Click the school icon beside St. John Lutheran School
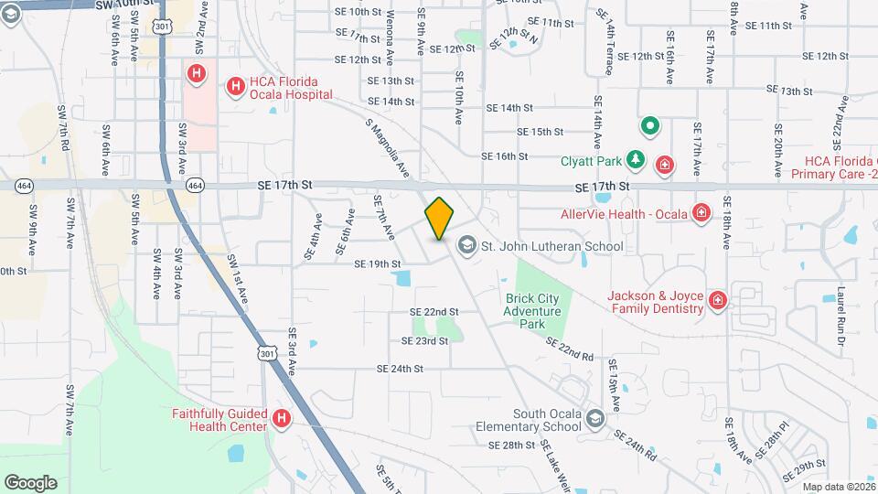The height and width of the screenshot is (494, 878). tap(467, 245)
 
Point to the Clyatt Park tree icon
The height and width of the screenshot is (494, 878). tap(636, 163)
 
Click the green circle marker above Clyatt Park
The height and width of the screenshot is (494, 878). tap(649, 124)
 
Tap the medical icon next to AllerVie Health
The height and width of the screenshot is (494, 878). tap(701, 213)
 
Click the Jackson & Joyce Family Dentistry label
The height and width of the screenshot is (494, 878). tap(655, 302)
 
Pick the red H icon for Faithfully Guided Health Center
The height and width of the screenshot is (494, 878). tap(282, 420)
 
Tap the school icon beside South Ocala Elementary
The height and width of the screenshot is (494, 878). tap(594, 419)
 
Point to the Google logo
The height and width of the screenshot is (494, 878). tap(31, 482)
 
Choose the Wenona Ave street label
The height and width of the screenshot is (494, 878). tap(390, 37)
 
